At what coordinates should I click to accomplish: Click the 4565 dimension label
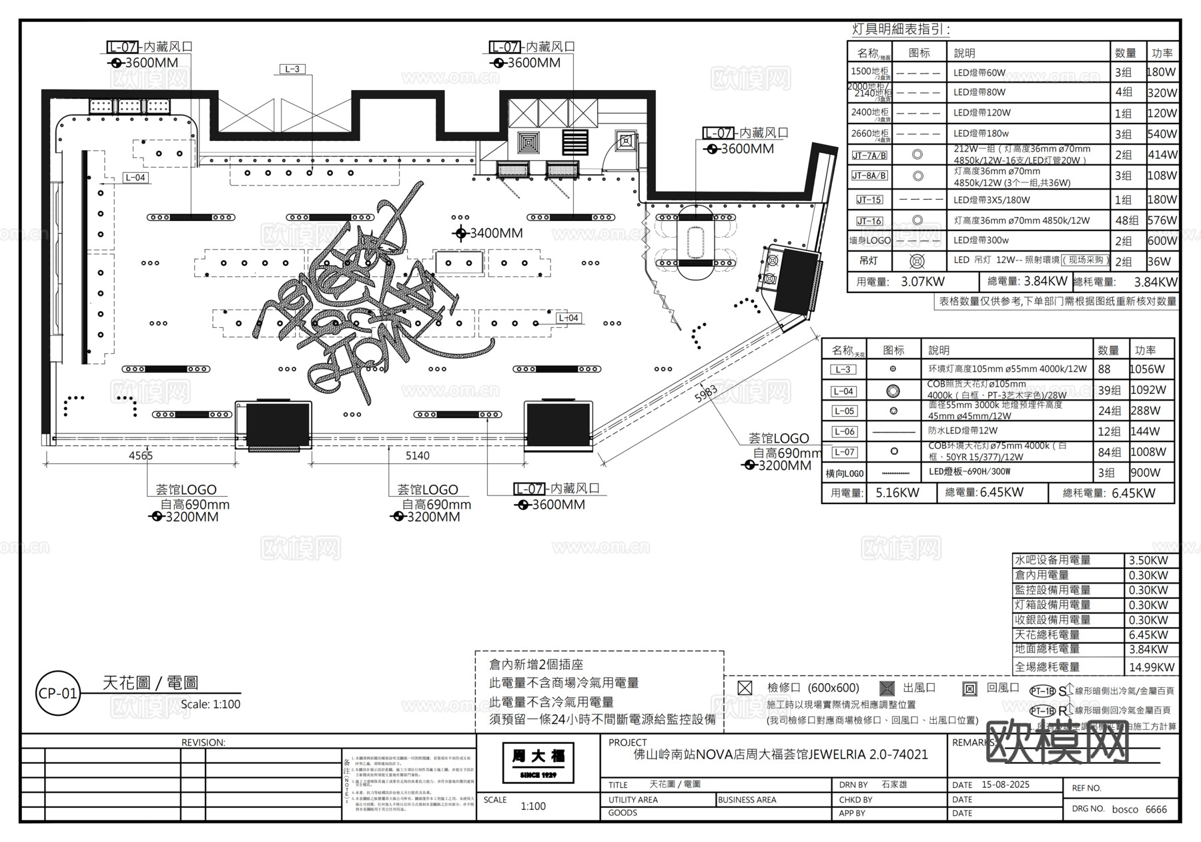click(x=141, y=455)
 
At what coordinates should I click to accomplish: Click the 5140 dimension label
click(x=418, y=455)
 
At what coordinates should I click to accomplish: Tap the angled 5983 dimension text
click(x=706, y=393)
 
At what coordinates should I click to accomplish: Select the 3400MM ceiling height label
click(x=496, y=233)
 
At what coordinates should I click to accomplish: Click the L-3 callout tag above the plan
click(x=292, y=69)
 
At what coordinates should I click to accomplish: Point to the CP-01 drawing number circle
click(x=58, y=693)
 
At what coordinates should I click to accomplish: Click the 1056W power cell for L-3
click(x=1148, y=369)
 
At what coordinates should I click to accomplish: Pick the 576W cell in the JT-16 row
click(x=1162, y=220)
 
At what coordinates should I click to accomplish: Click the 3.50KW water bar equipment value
click(x=1148, y=560)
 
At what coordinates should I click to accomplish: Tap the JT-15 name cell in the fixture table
click(x=869, y=200)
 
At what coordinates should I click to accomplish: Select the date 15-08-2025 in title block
click(x=1005, y=785)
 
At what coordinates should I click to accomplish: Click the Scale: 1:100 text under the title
click(x=210, y=704)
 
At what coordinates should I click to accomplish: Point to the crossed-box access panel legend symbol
click(x=745, y=688)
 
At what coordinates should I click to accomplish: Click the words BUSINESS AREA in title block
click(x=747, y=799)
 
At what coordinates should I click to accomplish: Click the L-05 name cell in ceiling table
click(x=843, y=411)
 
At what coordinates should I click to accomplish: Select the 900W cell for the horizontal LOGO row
click(x=1146, y=473)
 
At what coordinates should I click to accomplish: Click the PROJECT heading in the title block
click(x=627, y=742)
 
